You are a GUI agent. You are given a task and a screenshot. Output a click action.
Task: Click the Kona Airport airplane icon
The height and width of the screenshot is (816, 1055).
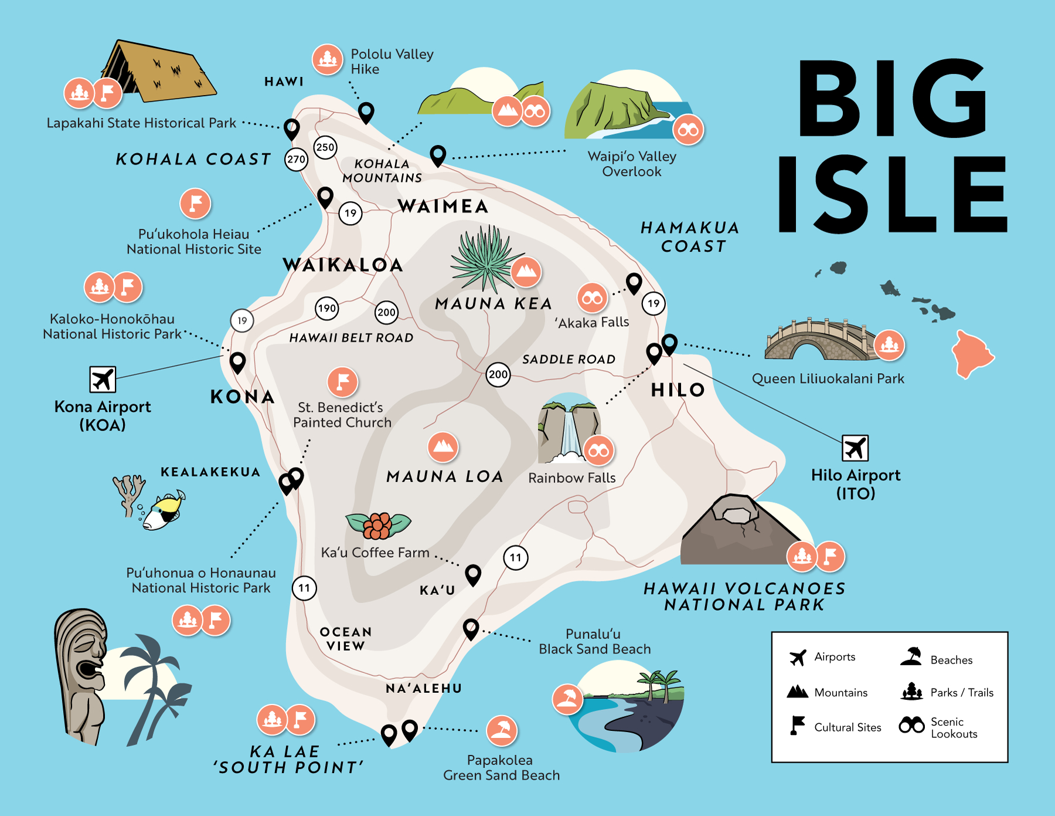point(103,380)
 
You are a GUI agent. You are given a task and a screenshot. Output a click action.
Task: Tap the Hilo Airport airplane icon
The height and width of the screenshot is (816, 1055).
point(855,449)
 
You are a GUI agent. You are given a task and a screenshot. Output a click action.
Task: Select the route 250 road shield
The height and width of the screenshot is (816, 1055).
point(325,147)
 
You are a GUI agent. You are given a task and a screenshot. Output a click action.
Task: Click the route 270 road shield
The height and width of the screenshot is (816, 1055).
point(297,159)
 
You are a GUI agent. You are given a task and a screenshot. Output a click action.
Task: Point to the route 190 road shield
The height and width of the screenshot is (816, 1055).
point(327,309)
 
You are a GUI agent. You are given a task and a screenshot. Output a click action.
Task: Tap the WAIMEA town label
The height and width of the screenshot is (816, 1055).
point(443,206)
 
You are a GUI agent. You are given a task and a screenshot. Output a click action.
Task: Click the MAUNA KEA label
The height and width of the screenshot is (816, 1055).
point(494,303)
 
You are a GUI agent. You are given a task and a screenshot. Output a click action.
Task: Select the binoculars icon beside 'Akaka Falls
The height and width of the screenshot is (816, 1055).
point(592,298)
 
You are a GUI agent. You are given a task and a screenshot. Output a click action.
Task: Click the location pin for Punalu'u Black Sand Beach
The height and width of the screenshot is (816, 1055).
point(471,629)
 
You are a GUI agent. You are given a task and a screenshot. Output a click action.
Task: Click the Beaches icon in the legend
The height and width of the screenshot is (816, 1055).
point(911,657)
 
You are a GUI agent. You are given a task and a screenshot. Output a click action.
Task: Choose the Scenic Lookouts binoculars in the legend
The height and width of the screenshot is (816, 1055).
point(911,726)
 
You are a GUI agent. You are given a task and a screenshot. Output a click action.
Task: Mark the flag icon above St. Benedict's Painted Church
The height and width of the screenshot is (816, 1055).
point(343,382)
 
